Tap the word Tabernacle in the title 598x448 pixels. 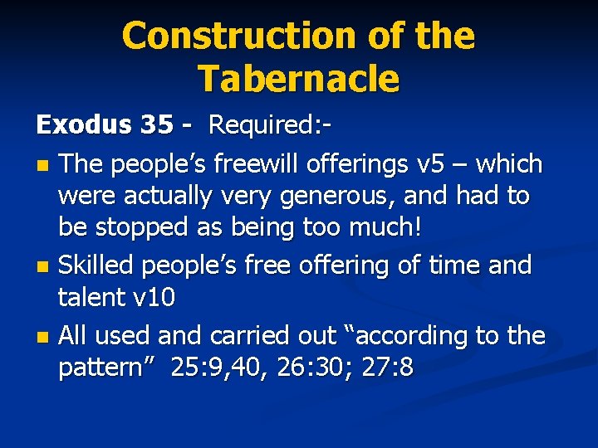point(298,79)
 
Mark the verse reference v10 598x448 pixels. point(154,298)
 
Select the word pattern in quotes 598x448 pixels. point(107,368)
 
